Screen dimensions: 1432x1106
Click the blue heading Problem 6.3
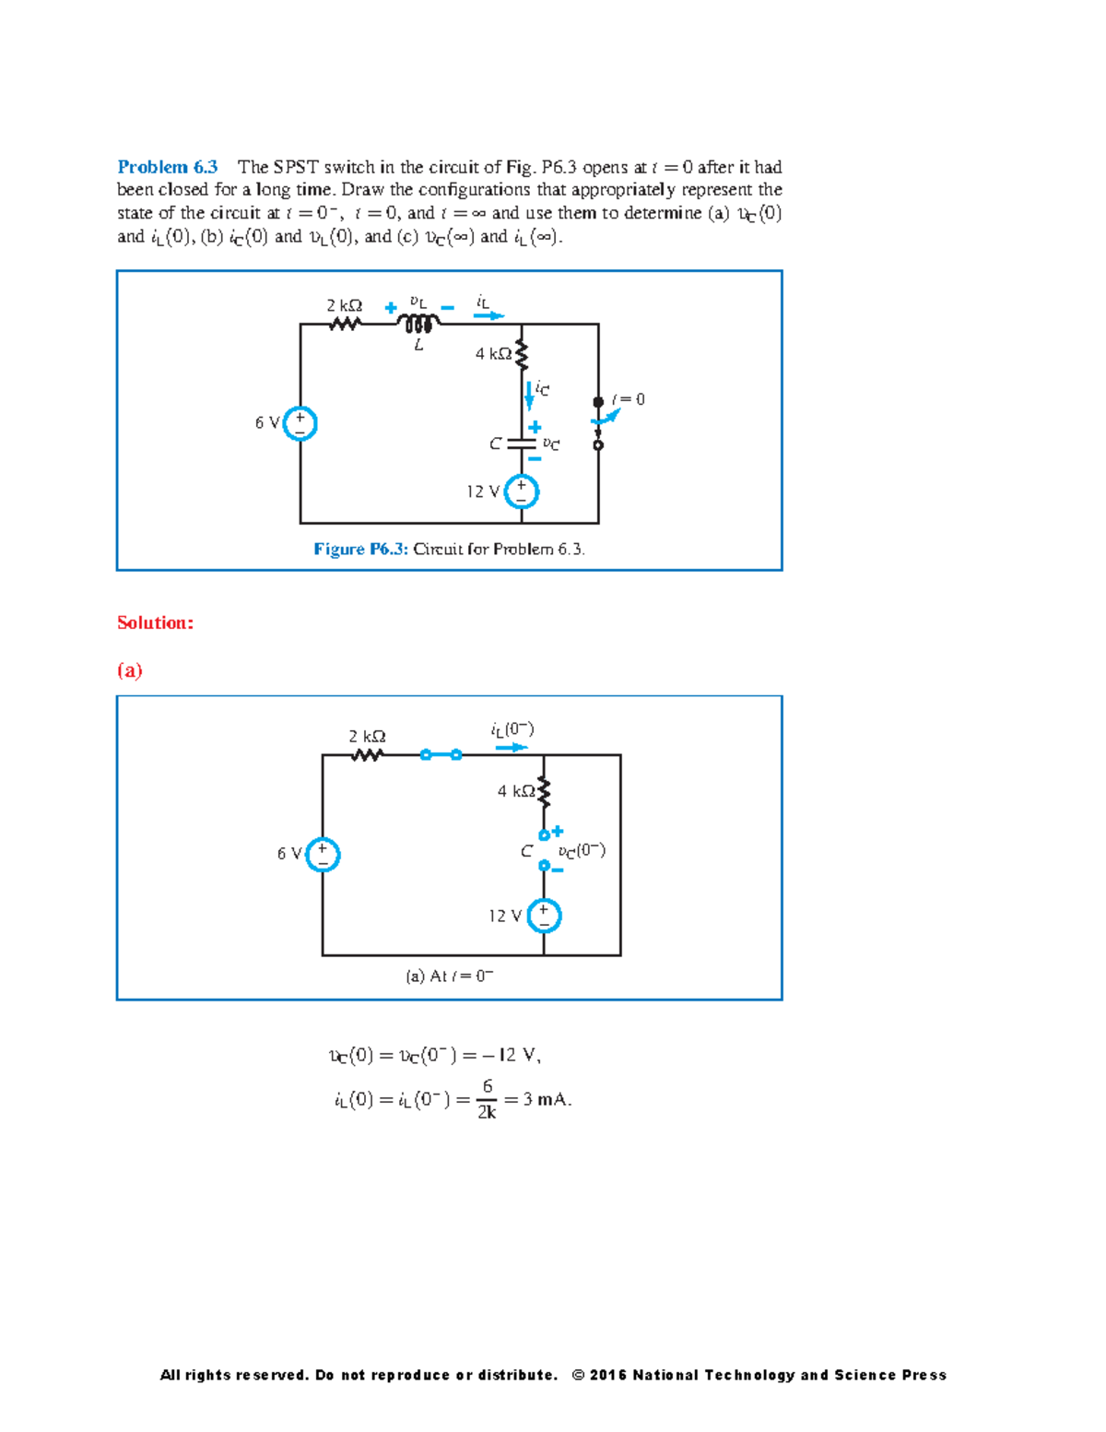tap(167, 167)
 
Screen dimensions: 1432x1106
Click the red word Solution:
tap(155, 622)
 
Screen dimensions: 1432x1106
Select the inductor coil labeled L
tap(418, 324)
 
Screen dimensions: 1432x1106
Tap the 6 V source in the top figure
tap(300, 423)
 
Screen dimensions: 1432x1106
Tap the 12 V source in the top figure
tap(522, 491)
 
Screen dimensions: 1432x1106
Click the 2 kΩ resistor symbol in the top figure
tap(345, 324)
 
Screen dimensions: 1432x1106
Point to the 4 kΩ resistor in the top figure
tap(522, 353)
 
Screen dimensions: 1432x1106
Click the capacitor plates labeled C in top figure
tap(522, 444)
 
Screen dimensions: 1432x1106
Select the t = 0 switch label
tap(628, 399)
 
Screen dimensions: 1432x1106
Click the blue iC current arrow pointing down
tap(529, 395)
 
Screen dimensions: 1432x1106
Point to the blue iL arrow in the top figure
tap(488, 315)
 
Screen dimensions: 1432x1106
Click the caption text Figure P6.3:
tap(360, 550)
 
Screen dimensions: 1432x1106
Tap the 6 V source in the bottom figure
tap(323, 854)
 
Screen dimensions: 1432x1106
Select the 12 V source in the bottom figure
tap(544, 916)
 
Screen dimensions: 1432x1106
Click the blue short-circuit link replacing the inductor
tap(441, 755)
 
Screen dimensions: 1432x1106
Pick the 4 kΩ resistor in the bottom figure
tap(544, 791)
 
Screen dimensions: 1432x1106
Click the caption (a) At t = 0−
tap(450, 976)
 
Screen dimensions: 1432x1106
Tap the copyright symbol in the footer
tap(578, 1375)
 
